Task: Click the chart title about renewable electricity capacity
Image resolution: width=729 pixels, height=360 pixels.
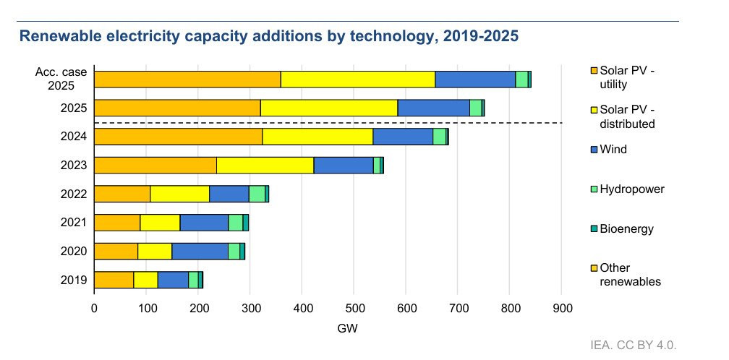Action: point(268,35)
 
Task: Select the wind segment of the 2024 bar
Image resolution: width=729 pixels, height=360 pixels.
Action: point(403,136)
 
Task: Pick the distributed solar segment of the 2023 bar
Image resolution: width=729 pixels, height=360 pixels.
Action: point(265,165)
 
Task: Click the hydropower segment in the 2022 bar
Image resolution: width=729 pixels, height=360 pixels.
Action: point(257,194)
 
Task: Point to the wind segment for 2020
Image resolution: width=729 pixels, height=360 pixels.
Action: point(200,251)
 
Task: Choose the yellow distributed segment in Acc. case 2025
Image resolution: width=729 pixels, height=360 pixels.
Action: point(357,80)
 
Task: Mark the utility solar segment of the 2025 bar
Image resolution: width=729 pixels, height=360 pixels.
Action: point(177,108)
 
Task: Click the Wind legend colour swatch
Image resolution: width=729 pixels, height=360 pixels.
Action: point(594,150)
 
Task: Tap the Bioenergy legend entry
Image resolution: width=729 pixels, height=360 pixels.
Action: point(627,229)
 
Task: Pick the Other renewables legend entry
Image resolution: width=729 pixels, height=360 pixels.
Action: point(630,275)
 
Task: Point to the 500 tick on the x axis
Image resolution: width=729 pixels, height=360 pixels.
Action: point(354,308)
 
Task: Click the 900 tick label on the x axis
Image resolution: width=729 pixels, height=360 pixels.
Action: point(562,308)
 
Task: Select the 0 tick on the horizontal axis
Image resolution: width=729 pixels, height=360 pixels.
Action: point(94,308)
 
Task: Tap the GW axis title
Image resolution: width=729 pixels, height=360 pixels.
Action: point(347,329)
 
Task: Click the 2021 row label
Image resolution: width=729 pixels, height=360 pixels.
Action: point(74,223)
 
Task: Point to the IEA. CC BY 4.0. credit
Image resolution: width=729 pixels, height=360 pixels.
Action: point(637,344)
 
